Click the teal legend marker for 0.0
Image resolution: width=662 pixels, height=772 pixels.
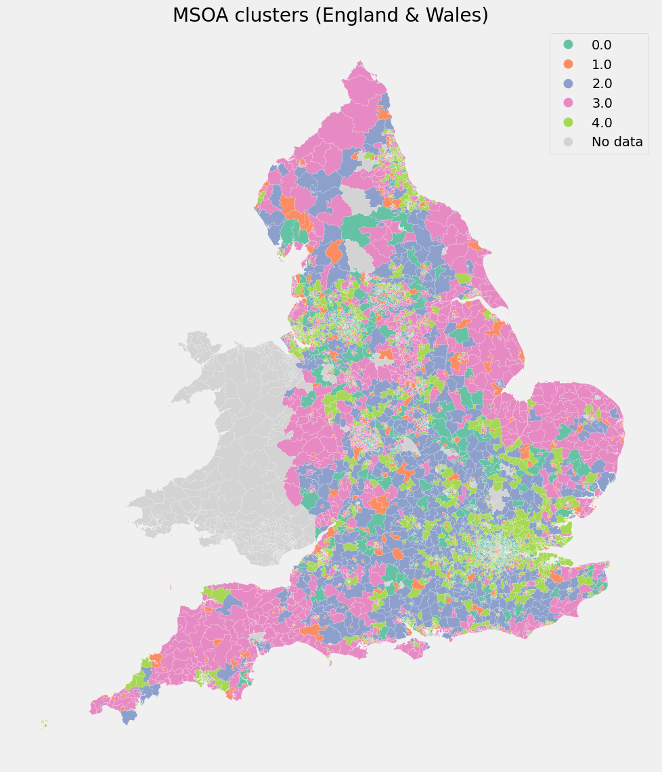point(568,45)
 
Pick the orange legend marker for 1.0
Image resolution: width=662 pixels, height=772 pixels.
point(568,64)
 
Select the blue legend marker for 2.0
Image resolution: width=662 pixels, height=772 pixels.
point(568,84)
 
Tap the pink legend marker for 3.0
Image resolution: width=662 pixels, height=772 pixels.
point(568,103)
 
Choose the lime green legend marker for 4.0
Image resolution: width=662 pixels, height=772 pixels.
point(568,123)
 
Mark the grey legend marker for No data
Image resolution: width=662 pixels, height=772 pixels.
point(568,142)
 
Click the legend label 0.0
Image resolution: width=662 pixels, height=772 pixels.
point(601,45)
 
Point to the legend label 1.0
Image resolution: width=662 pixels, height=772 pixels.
point(601,64)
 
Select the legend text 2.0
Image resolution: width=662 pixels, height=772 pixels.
point(601,84)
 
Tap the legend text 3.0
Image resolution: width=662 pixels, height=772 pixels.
point(601,103)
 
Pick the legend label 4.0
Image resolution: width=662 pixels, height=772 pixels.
point(601,123)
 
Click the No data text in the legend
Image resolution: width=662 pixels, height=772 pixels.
point(617,142)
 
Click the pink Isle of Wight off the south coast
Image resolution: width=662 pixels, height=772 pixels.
point(412,649)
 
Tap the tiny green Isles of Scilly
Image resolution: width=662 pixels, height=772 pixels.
point(45,723)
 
